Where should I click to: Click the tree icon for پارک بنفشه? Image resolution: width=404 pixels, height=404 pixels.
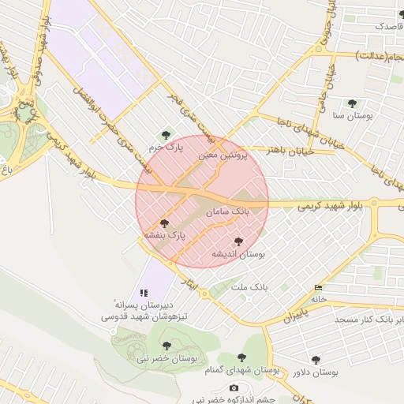tap(164, 223)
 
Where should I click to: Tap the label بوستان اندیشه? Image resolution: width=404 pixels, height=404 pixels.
tap(238, 254)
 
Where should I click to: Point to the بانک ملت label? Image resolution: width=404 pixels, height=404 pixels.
tap(249, 287)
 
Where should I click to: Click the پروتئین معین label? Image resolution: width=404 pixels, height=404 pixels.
tap(223, 156)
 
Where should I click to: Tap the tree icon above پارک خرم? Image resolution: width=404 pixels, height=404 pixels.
tap(165, 135)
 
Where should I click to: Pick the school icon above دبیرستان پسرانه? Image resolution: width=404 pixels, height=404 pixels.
tap(144, 292)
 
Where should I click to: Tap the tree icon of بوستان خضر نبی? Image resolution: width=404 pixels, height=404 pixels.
tap(166, 346)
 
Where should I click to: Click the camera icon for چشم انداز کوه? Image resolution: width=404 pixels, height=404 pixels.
tap(234, 387)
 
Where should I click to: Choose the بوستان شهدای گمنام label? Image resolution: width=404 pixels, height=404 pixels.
tap(241, 370)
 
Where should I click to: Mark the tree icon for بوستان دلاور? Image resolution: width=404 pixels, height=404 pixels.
tap(316, 360)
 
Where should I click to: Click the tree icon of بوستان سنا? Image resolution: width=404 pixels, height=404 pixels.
tap(352, 103)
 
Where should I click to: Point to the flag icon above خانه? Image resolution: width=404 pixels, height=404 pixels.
tap(318, 287)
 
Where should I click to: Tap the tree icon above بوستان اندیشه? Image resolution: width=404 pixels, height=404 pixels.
tap(239, 242)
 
